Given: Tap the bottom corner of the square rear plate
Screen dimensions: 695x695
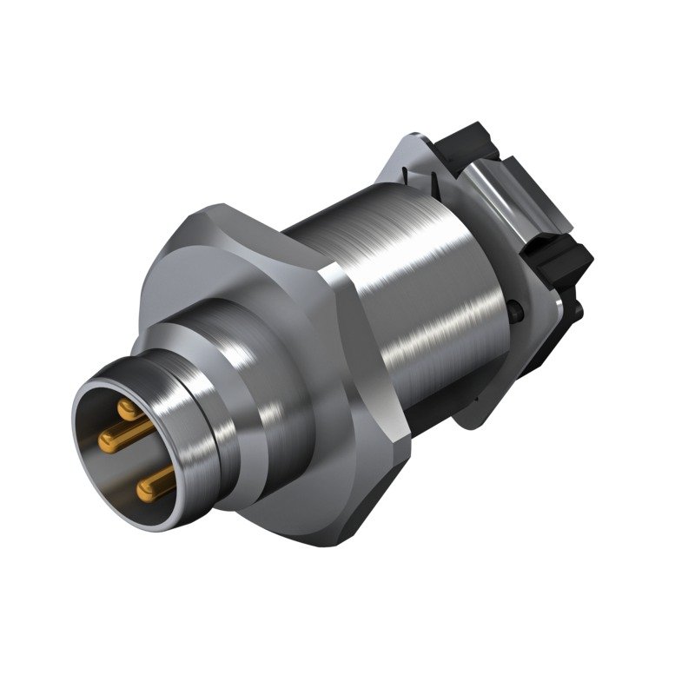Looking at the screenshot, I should click(469, 426).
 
